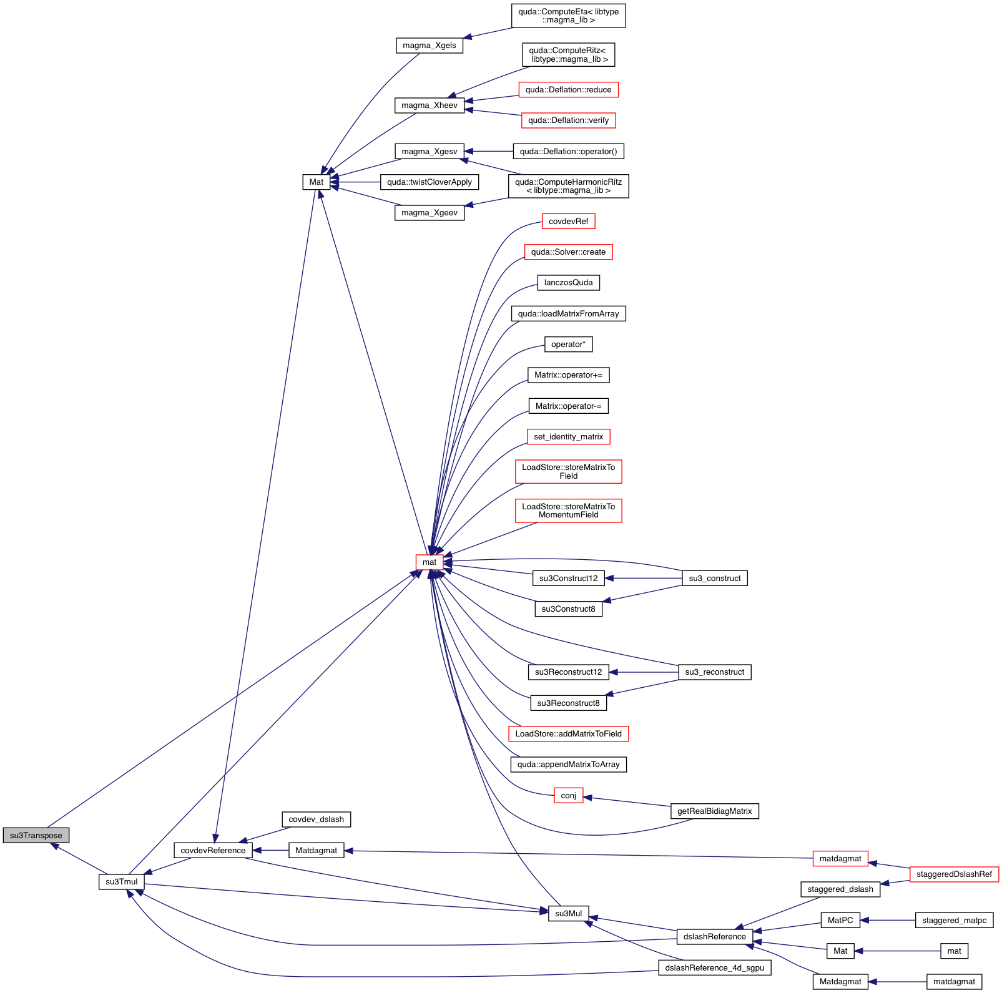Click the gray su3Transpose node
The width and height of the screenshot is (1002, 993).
(36, 835)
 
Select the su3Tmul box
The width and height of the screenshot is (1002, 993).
(121, 881)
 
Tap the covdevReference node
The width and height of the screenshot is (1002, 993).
(213, 850)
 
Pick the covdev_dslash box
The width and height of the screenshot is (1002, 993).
(316, 819)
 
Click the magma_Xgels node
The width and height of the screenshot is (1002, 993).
(429, 46)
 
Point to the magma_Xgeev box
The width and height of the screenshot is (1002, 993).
(429, 213)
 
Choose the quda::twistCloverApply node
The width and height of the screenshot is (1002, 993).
(429, 182)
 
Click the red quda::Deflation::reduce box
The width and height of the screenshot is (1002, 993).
(568, 90)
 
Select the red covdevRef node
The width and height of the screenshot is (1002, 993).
(568, 222)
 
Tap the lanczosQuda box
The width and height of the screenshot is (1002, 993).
(568, 283)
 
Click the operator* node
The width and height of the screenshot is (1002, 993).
(568, 345)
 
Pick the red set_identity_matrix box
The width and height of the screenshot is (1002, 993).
(568, 437)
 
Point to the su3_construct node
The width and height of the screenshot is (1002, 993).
(714, 579)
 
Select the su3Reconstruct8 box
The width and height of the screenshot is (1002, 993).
(568, 703)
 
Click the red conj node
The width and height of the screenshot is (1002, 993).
(568, 796)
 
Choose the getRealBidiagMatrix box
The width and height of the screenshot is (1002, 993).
(714, 811)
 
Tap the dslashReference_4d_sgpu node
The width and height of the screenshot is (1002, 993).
(714, 968)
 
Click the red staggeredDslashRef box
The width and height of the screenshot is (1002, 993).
(953, 874)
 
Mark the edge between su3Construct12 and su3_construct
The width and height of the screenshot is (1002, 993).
(643, 579)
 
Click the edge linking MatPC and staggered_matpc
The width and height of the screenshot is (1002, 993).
(887, 920)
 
